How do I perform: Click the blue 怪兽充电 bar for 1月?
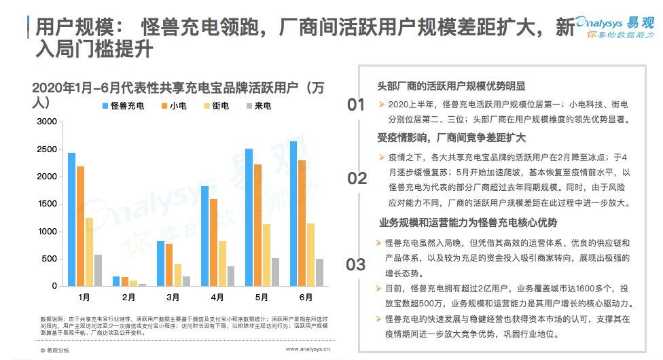point(71,219)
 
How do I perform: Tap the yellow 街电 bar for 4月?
point(222,264)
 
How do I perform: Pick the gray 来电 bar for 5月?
point(275,272)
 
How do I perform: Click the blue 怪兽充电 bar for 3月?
point(160,264)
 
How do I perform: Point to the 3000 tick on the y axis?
point(46,122)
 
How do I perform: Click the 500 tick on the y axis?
point(49,259)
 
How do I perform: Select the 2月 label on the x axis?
point(129,297)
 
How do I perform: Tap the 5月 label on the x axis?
point(262,297)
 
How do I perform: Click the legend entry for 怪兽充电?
point(123,107)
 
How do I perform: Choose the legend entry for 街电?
point(216,107)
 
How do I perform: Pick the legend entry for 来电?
point(258,107)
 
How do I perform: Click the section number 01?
point(356,105)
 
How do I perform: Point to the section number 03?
point(356,265)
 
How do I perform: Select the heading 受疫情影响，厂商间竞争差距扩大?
point(452,138)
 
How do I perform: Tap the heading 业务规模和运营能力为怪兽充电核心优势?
point(467,222)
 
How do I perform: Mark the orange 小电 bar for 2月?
point(125,281)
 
